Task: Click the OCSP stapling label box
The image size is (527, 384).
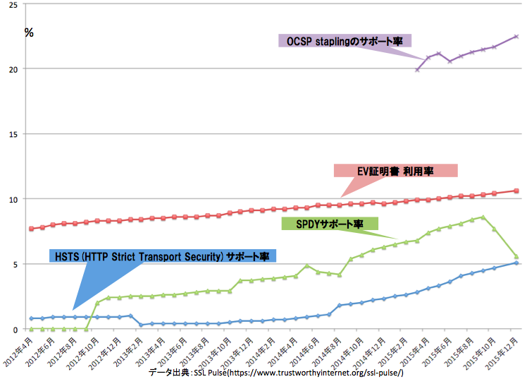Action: (345, 42)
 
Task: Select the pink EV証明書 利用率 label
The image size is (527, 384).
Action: (396, 171)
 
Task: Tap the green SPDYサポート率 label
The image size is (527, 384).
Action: (330, 224)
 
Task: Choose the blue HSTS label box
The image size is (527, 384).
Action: (163, 256)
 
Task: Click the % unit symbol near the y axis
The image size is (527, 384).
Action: (29, 32)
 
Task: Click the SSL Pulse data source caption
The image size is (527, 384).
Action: (276, 371)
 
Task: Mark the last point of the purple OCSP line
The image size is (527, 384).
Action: (516, 36)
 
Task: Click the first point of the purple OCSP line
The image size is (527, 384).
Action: (417, 70)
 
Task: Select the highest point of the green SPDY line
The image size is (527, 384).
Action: (483, 217)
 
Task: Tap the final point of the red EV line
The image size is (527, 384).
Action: (516, 191)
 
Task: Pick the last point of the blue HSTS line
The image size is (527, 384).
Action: (516, 263)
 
